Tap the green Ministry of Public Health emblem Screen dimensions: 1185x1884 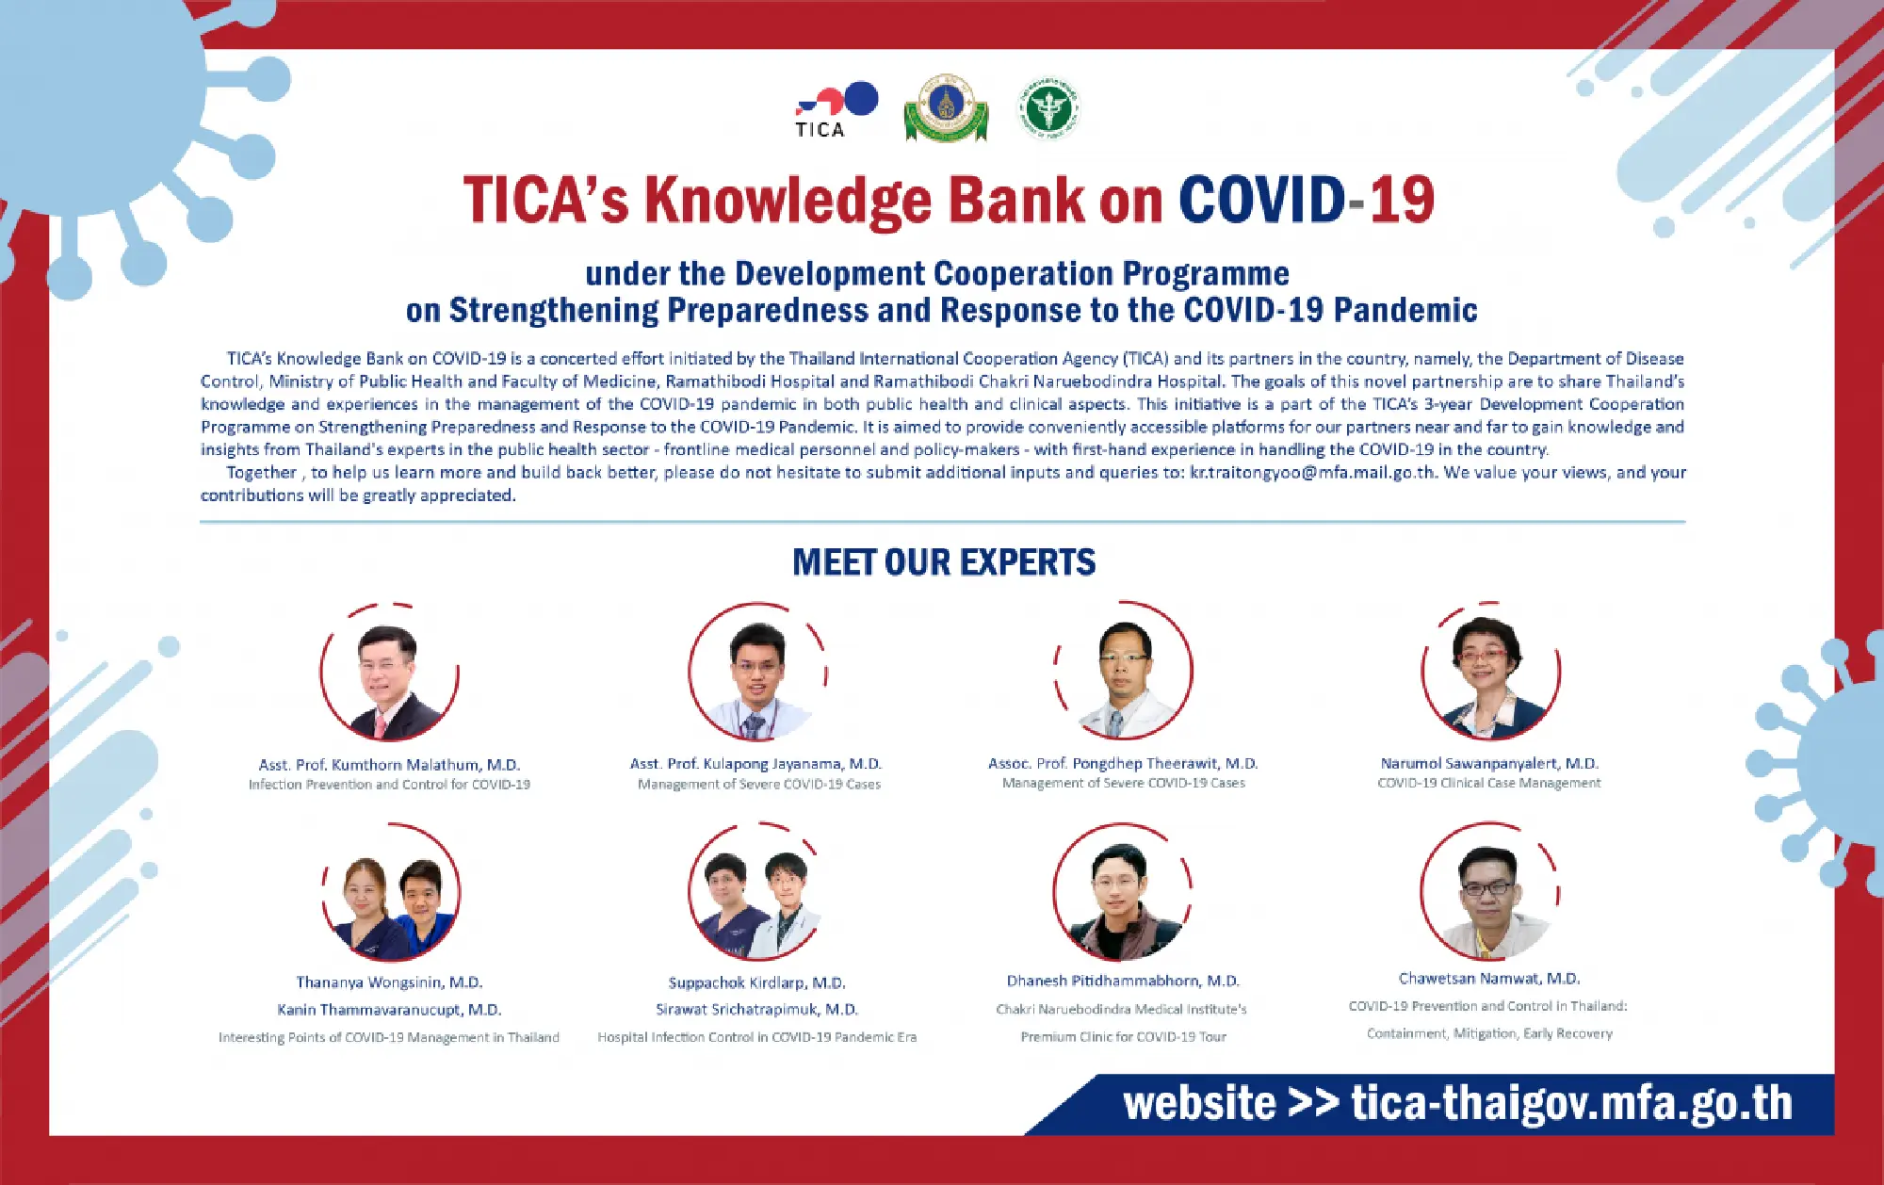[x=1048, y=108]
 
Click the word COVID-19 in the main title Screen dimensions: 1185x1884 [x=1306, y=200]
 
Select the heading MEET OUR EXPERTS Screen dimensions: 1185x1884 [x=944, y=562]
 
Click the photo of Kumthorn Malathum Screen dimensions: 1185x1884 [x=389, y=674]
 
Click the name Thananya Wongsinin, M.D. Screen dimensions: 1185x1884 [x=389, y=982]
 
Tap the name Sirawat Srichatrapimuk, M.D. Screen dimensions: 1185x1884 [x=757, y=1010]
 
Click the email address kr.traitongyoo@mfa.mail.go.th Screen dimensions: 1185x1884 [x=1312, y=473]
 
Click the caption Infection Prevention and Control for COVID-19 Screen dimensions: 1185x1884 [x=389, y=785]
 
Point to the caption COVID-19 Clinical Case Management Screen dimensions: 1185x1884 [x=1489, y=783]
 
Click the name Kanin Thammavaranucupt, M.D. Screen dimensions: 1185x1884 [x=389, y=1010]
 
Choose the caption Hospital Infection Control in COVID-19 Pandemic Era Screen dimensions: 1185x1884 [x=757, y=1037]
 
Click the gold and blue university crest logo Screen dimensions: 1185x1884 [x=946, y=108]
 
